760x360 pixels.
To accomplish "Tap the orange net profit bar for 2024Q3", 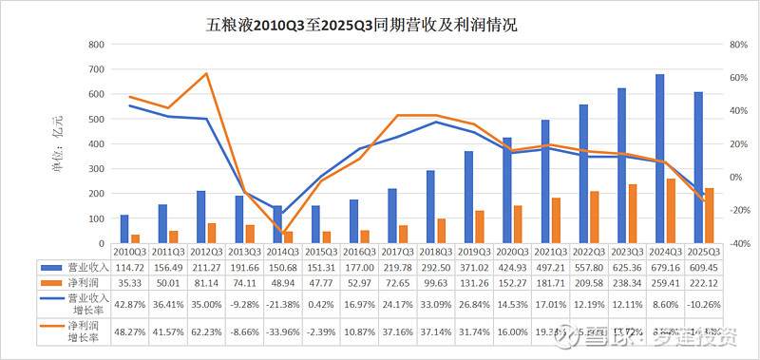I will point(672,211).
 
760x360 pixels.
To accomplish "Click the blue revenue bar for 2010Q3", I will point(123,229).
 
